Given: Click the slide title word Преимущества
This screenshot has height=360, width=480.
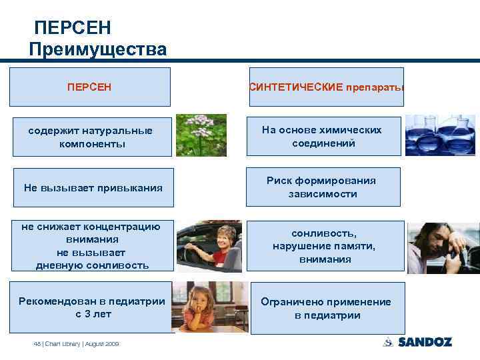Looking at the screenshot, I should pos(99,49).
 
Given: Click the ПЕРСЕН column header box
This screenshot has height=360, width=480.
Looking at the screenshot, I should pos(89,87).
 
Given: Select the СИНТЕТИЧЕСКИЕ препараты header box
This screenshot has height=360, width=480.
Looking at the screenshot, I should pos(327,87).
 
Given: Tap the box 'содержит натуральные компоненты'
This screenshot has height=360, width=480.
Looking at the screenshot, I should pos(89,137).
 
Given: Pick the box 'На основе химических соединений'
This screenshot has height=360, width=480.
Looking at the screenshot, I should pos(323,137).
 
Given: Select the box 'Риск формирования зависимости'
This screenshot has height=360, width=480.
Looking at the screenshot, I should pos(323,187).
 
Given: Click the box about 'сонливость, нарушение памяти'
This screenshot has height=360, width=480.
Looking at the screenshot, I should pos(325,246).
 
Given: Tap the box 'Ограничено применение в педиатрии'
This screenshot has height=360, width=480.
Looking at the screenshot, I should pos(327,308).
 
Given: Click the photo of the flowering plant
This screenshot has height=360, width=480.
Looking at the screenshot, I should pos(201,135).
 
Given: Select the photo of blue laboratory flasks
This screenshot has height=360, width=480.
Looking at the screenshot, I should pos(440,135).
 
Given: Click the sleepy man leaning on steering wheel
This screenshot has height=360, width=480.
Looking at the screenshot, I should pos(439,246).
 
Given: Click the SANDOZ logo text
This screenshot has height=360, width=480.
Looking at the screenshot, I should pos(425,342).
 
